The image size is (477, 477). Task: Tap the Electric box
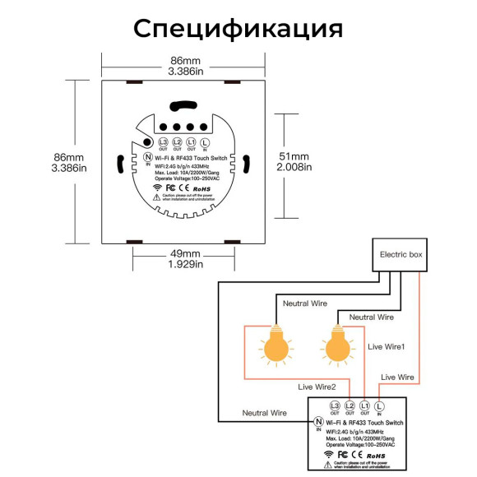(x=401, y=255)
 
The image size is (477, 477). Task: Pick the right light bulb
(x=336, y=346)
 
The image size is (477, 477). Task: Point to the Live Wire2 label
(x=317, y=386)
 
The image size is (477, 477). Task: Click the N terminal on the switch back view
(x=148, y=157)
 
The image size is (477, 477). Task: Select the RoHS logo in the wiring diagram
(x=376, y=454)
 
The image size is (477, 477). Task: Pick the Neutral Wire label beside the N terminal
(x=264, y=411)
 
